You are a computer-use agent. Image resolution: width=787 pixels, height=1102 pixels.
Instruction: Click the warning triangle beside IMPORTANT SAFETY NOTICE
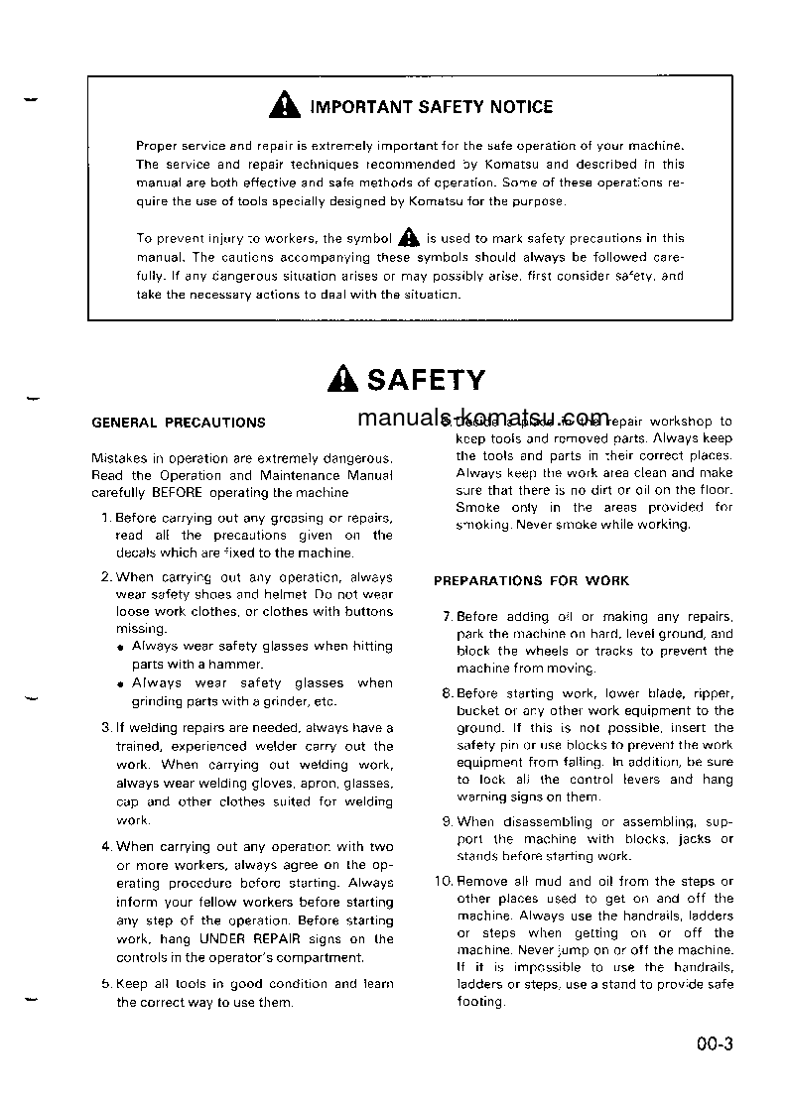point(285,105)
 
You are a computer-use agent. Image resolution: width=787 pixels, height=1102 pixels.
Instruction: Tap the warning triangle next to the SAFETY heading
point(344,379)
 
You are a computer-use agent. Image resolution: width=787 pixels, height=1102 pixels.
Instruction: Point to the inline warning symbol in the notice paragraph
point(408,237)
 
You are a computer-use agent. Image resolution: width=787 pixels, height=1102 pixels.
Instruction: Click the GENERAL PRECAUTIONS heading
point(179,422)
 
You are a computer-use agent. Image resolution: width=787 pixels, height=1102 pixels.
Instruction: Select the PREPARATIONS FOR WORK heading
point(531,580)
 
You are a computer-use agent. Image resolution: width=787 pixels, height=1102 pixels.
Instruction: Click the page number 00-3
point(714,1043)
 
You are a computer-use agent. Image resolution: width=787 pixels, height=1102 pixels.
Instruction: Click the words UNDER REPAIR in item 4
point(241,938)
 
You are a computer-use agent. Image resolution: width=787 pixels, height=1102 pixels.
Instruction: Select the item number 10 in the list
point(444,881)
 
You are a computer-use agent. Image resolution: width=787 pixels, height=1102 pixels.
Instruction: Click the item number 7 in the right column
point(448,616)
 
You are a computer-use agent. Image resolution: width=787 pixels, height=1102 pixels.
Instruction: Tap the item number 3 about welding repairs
point(106,727)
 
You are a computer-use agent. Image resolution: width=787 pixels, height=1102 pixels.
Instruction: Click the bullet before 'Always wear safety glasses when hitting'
point(120,647)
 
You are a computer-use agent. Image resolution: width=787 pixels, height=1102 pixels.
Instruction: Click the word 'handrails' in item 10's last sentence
point(703,967)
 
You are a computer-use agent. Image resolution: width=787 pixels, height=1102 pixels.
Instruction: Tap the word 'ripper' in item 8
point(713,693)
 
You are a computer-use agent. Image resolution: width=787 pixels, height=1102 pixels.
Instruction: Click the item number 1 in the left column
point(106,517)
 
